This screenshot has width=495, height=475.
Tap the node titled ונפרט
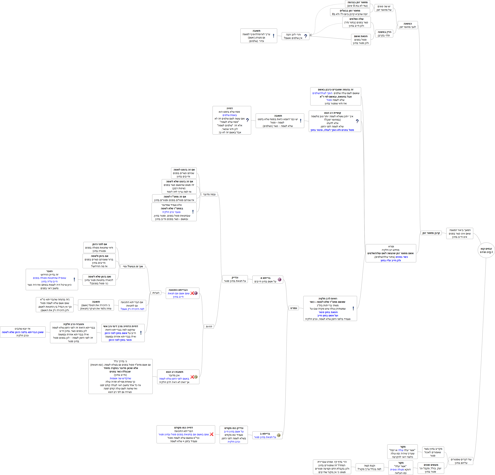(x=293, y=308)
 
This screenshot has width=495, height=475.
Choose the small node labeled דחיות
(x=209, y=327)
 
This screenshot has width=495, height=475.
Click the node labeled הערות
(x=156, y=293)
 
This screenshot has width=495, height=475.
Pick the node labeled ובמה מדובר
(x=209, y=194)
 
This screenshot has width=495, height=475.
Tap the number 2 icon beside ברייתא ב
(x=279, y=435)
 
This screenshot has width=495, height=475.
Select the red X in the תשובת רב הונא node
(x=192, y=377)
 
